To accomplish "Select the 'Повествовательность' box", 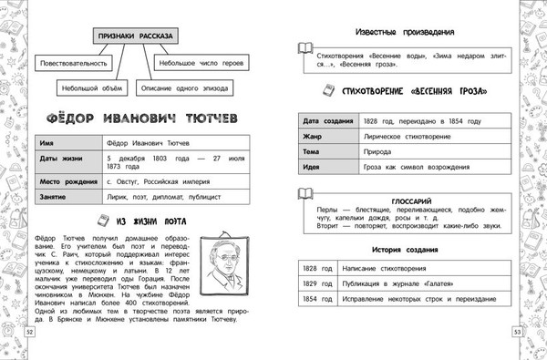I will point(74,64).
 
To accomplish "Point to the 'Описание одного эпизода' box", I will point(182,89).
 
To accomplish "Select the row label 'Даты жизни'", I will point(60,159).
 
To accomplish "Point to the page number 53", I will point(517,335).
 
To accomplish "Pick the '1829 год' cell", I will point(315,284).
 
